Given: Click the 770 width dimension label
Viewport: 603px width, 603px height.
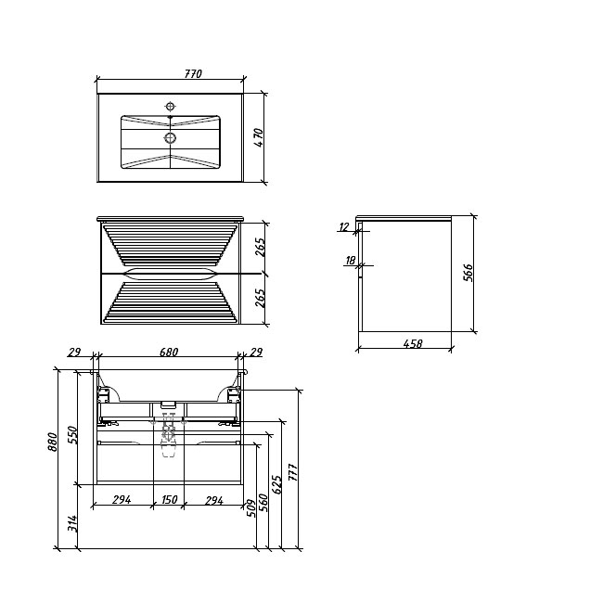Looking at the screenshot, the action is point(193,73).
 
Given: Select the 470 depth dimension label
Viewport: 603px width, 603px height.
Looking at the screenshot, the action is point(259,137).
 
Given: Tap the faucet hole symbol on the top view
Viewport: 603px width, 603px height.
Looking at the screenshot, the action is point(170,106).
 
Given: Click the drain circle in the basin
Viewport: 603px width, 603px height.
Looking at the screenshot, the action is point(170,137).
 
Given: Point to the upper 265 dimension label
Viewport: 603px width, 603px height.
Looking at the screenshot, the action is point(261,248).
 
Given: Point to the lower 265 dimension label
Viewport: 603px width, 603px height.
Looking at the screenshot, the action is point(261,298).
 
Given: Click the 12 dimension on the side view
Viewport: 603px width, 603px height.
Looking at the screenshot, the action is point(344,227).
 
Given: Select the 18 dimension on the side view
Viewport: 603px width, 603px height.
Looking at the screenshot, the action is point(351,261).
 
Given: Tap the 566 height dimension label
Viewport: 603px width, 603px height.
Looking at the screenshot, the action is point(468,273).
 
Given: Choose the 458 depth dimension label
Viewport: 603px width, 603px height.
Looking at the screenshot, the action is point(413,343).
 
